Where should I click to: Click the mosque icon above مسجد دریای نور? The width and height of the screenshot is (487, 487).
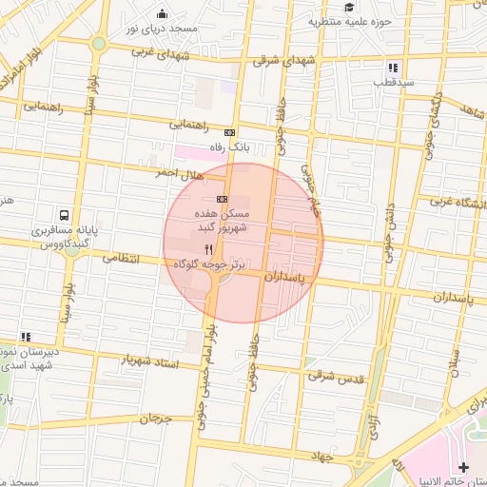[x=162, y=13]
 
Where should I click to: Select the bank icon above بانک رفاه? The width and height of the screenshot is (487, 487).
[x=229, y=132]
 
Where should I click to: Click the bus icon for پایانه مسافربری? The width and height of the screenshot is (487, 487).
[x=63, y=215]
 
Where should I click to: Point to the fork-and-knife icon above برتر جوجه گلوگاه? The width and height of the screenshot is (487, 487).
[x=208, y=248]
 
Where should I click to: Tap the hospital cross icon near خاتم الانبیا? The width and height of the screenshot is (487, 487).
[x=463, y=467]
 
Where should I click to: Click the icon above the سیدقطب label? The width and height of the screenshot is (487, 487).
[x=392, y=68]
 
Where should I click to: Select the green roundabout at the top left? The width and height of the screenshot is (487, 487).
[x=99, y=44]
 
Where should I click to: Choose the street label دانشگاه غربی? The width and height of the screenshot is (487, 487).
[x=458, y=202]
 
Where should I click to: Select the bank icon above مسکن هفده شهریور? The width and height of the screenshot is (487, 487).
[x=222, y=199]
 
